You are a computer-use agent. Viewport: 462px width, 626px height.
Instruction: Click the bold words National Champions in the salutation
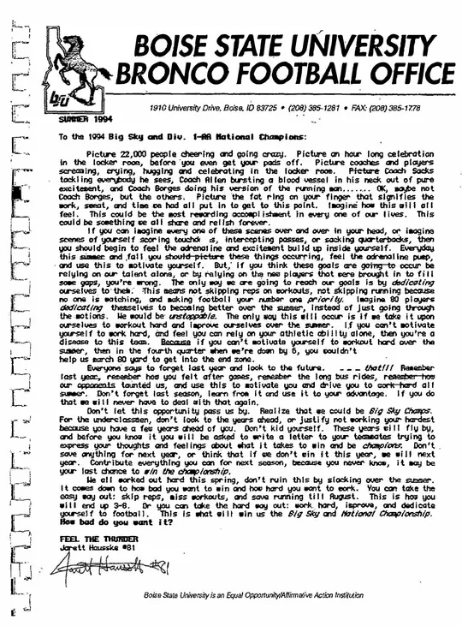(x=259, y=136)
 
